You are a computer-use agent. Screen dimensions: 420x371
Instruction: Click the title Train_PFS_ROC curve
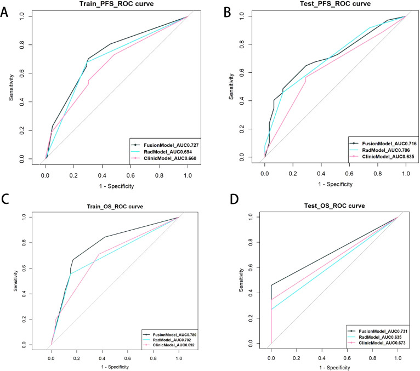coord(117,4)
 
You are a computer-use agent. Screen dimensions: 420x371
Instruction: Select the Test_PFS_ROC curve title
coord(335,4)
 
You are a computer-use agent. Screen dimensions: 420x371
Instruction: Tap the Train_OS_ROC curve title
coord(115,207)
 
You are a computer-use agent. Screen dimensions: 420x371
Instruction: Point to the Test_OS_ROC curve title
coord(334,206)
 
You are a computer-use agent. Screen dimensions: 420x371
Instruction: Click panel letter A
coord(4,12)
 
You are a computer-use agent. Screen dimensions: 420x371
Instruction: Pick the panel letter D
coord(234,199)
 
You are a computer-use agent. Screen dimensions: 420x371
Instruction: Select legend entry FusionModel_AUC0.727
coord(171,145)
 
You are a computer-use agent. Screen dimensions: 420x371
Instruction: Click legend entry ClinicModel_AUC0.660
coord(170,158)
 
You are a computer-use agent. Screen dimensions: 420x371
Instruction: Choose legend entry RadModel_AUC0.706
coord(385,150)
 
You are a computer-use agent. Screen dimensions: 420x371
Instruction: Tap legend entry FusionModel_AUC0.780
coord(175,335)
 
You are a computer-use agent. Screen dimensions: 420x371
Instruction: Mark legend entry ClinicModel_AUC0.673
coord(382,343)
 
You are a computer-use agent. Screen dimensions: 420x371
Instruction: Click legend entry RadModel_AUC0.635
coord(381,337)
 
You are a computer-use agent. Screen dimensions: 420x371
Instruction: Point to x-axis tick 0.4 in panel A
coord(102,175)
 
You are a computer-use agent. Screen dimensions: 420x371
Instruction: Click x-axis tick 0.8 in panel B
coord(378,174)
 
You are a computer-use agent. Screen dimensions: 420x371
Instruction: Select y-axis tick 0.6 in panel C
coord(24,268)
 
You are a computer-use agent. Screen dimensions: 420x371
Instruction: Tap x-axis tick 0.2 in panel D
coord(297,358)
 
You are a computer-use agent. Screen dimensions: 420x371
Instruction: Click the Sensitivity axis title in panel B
coord(231,87)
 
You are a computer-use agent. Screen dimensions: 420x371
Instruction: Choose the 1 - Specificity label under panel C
coord(115,367)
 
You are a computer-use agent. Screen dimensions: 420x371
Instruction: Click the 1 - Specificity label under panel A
coord(117,186)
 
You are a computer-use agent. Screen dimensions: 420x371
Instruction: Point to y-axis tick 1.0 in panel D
coord(251,217)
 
